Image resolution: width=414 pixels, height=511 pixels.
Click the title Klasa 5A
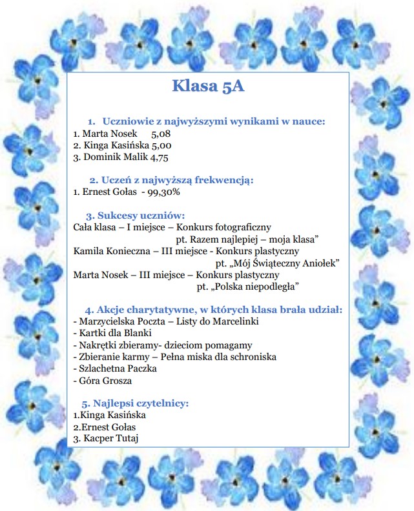pyautogui.click(x=208, y=86)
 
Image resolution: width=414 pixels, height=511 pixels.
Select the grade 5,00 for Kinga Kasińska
pyautogui.click(x=156, y=146)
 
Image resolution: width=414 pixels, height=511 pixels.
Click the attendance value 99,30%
pyautogui.click(x=164, y=192)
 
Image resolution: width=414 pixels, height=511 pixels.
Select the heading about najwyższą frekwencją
pyautogui.click(x=171, y=179)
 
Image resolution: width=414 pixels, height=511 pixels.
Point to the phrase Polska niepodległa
pyautogui.click(x=249, y=286)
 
